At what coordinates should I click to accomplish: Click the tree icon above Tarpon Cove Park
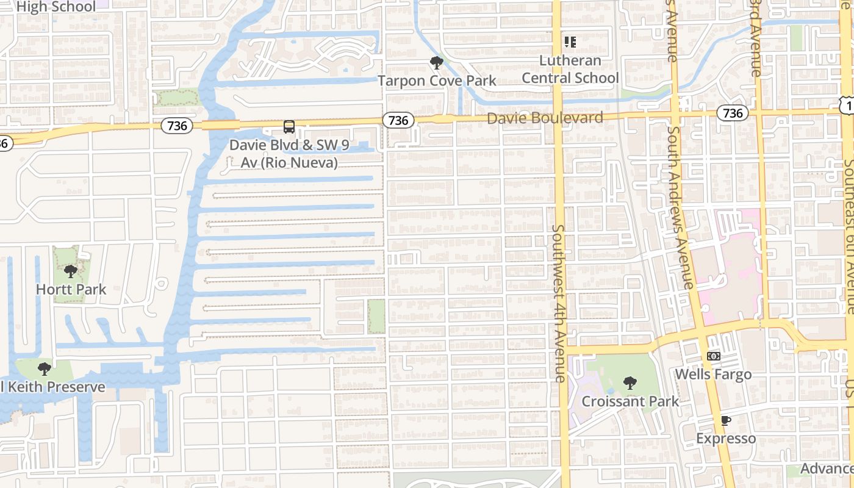click(x=436, y=63)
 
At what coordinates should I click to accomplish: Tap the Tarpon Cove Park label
click(x=437, y=81)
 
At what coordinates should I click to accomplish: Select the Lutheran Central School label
click(x=570, y=70)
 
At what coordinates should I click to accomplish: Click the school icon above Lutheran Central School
click(x=570, y=42)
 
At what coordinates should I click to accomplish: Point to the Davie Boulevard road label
click(x=545, y=118)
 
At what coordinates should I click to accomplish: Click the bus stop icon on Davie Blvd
click(x=289, y=127)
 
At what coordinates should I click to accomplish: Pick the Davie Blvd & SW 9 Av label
click(x=283, y=154)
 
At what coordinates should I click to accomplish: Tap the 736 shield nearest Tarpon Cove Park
click(x=398, y=120)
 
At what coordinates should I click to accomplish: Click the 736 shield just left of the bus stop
click(x=177, y=126)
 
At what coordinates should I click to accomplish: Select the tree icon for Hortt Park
click(x=71, y=271)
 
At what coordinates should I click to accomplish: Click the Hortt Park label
click(x=71, y=289)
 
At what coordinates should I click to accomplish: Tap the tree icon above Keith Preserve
click(x=44, y=369)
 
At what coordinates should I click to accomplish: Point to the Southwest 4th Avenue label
click(x=559, y=303)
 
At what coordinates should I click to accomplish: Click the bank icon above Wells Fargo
click(x=713, y=356)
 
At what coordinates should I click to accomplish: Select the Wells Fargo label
click(x=713, y=374)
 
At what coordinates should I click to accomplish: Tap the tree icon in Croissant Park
click(x=630, y=383)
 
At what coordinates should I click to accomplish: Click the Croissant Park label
click(x=630, y=401)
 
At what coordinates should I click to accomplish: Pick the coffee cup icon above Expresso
click(x=725, y=420)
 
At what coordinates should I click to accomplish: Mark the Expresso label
click(x=726, y=439)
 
